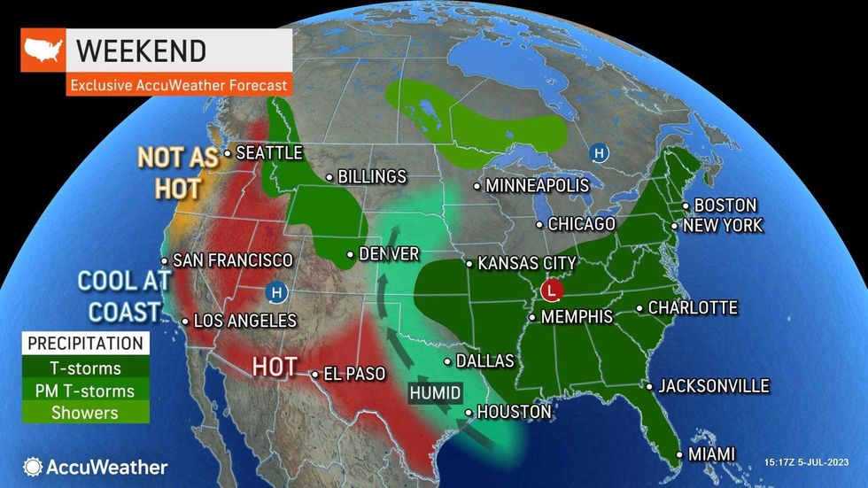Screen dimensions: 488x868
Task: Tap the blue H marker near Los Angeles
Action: click(277, 291)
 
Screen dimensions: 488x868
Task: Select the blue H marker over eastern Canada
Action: click(600, 153)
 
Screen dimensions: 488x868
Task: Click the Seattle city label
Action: click(268, 153)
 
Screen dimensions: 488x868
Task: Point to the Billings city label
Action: click(371, 177)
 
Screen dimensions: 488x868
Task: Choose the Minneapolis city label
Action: click(538, 186)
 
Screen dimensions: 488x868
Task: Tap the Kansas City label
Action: click(526, 263)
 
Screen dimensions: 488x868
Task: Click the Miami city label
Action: click(711, 454)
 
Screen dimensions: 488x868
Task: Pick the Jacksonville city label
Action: click(713, 386)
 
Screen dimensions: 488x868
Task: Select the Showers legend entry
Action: click(86, 413)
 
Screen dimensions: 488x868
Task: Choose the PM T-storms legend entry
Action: click(86, 391)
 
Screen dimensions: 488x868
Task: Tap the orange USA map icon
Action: click(43, 50)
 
